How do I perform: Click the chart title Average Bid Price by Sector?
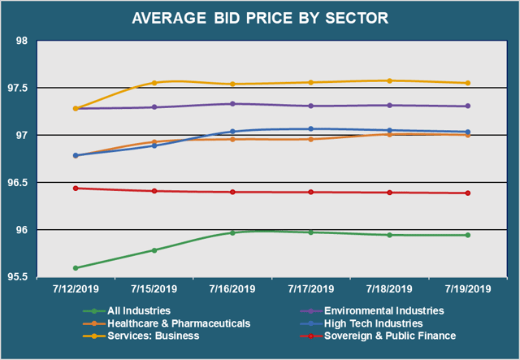[x=260, y=17]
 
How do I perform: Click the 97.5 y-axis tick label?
[x=19, y=88]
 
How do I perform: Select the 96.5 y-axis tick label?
[x=19, y=183]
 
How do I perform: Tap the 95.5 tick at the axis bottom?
[x=19, y=277]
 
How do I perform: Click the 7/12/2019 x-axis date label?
[x=76, y=289]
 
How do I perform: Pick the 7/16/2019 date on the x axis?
[x=232, y=289]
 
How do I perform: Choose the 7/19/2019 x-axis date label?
[x=468, y=289]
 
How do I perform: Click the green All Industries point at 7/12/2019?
[x=76, y=267]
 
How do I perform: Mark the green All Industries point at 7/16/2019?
[x=232, y=232]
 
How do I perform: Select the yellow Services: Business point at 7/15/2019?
[x=154, y=83]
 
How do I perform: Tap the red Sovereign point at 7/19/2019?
[x=468, y=193]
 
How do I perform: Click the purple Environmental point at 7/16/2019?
[x=232, y=104]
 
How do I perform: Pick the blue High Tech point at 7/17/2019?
[x=311, y=128]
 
